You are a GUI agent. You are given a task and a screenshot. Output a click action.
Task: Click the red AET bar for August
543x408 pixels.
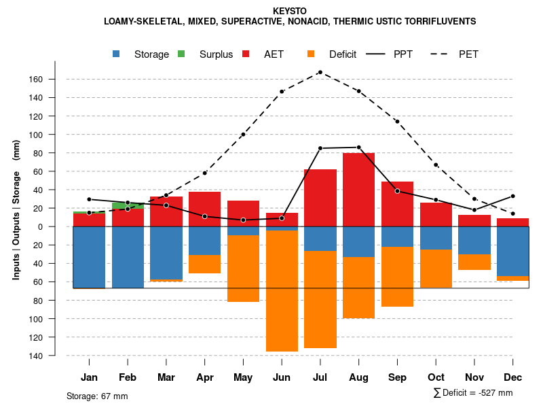click(358, 190)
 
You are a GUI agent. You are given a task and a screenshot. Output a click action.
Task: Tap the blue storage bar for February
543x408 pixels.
click(128, 257)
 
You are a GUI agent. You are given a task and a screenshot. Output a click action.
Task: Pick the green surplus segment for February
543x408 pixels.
click(128, 205)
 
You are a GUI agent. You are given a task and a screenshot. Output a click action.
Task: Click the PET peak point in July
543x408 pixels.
click(320, 72)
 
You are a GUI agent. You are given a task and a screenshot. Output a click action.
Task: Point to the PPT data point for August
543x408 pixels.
click(358, 147)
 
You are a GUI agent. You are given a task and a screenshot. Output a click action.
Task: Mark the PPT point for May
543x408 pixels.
click(243, 220)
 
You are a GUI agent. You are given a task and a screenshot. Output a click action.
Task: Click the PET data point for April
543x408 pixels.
click(205, 173)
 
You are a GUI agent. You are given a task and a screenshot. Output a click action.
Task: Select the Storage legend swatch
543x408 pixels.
click(117, 54)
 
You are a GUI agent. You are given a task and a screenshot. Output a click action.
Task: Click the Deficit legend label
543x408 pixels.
click(343, 54)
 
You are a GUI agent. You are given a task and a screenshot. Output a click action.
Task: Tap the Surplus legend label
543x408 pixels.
click(216, 54)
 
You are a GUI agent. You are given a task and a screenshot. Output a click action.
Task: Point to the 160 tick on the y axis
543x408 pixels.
click(36, 80)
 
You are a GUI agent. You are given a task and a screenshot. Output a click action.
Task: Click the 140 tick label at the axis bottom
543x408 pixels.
click(36, 356)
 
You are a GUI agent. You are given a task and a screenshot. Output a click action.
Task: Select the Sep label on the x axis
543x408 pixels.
click(397, 377)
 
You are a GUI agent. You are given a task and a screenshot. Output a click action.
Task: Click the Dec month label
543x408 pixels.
click(512, 377)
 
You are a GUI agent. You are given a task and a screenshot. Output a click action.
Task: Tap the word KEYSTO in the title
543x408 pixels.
click(289, 12)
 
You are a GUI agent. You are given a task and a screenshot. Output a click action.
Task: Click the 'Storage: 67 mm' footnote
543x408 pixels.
click(97, 396)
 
